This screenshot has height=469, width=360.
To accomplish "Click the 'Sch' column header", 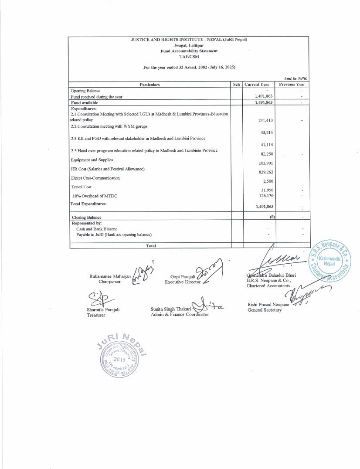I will point(237,84).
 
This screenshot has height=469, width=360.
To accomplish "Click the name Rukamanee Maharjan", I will point(110,276).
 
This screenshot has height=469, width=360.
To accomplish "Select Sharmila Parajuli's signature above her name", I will point(102,299).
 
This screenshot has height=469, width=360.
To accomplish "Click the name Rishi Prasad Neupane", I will point(267,304).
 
